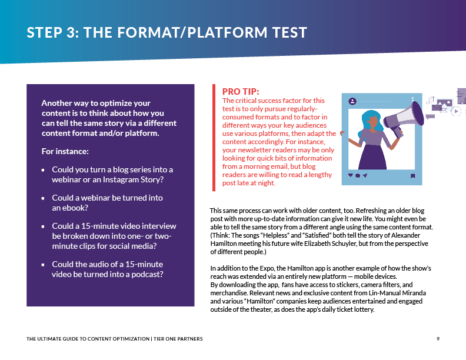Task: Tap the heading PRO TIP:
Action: tap(241, 91)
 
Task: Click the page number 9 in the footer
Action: tap(438, 338)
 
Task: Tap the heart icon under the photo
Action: tap(351, 175)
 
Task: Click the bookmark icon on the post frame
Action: tap(413, 175)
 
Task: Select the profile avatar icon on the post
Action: tap(352, 101)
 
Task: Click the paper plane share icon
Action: tap(365, 175)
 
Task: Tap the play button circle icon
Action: tap(455, 111)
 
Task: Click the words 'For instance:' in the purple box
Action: tap(65, 151)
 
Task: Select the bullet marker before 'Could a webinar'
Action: tap(43, 198)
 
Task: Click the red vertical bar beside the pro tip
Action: tap(214, 138)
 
